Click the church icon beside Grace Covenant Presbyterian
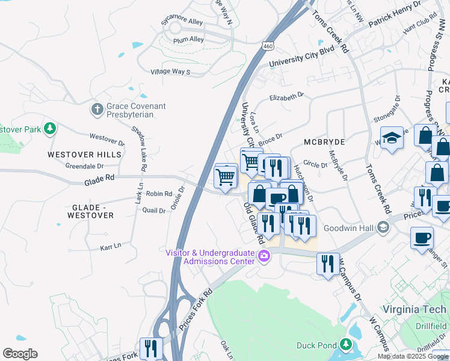tap(96, 109)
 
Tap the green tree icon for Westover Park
tap(49, 128)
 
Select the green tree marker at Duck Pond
tap(345, 345)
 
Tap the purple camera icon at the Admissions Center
tap(264, 257)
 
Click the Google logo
tap(20, 354)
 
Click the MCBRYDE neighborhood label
tap(324, 142)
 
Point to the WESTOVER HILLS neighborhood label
tap(84, 155)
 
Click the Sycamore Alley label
tap(182, 20)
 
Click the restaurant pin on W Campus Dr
tap(328, 264)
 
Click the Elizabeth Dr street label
tap(287, 96)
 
